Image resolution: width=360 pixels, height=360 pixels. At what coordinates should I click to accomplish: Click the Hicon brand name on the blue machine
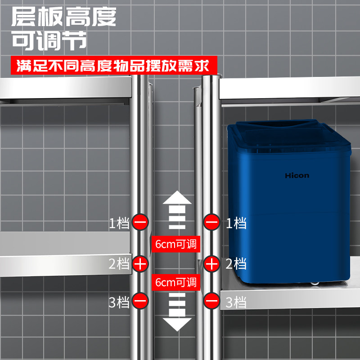(x=297, y=175)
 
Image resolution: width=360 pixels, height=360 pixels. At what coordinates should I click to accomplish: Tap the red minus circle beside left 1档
(x=140, y=222)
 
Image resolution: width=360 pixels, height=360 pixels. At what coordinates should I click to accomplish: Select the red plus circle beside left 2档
(x=140, y=264)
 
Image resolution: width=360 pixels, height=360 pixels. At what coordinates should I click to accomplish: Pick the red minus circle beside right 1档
(x=211, y=222)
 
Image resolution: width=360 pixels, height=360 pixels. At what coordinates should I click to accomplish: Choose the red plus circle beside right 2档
(x=211, y=264)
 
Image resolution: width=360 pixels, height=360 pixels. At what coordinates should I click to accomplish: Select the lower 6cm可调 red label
(x=175, y=283)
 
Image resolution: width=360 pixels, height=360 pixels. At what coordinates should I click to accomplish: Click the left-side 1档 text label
(x=119, y=223)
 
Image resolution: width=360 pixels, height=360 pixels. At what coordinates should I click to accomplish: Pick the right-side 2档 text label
(x=236, y=264)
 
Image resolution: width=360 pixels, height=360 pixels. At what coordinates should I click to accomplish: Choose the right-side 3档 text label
(x=236, y=301)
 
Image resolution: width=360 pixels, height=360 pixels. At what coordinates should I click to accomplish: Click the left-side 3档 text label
(x=119, y=301)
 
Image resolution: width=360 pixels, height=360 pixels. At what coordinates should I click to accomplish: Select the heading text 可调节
(x=49, y=41)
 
